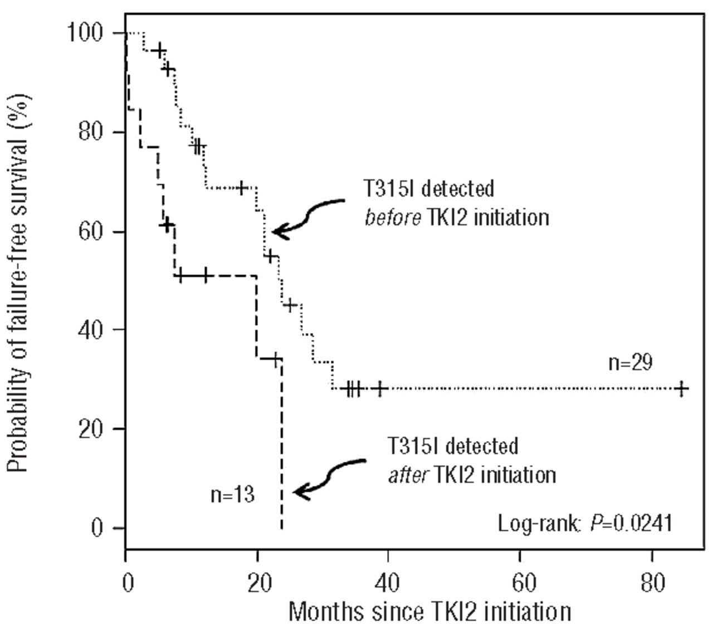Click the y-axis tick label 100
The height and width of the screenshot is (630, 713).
(x=85, y=33)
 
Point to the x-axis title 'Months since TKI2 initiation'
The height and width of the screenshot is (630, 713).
(x=429, y=612)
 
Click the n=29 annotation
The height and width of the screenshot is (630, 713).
(x=630, y=363)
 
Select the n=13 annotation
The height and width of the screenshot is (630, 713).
(x=232, y=494)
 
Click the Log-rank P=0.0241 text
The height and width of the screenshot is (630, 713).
(x=585, y=524)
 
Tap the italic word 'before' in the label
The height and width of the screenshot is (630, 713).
(x=393, y=217)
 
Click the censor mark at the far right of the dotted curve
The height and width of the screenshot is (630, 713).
(x=681, y=388)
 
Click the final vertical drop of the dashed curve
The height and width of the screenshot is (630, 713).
(x=282, y=446)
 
